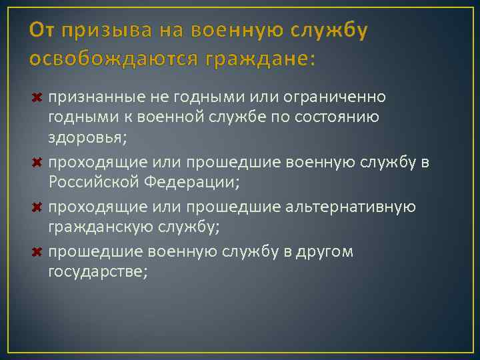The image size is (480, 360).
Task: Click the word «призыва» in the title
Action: (x=95, y=31)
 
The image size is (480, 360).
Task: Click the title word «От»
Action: (x=41, y=31)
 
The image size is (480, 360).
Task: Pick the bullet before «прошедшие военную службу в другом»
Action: (x=37, y=251)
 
